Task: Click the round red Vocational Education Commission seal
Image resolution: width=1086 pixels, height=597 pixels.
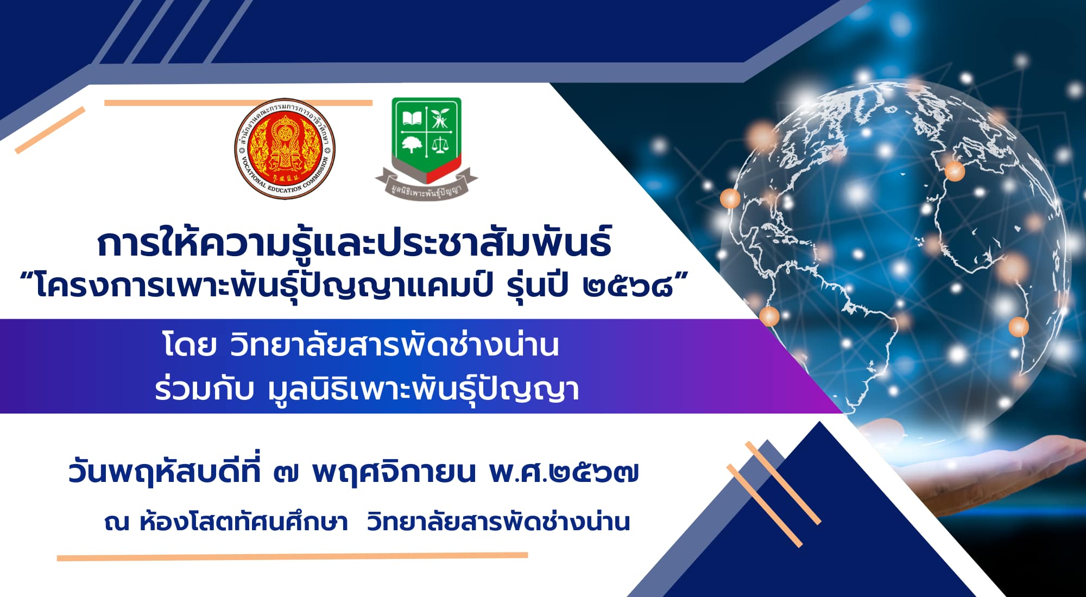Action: (285, 149)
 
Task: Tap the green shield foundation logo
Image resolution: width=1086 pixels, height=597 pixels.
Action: (427, 148)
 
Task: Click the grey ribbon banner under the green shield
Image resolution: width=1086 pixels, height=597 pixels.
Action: (427, 185)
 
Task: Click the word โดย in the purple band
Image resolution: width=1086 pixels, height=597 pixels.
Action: (190, 345)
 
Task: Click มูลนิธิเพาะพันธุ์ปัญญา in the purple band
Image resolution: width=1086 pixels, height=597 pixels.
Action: (424, 389)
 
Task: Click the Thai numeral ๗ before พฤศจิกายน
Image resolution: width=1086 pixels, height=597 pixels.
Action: (286, 473)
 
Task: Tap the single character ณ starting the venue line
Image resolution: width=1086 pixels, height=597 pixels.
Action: (117, 523)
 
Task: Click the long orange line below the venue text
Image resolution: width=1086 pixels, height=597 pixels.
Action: (292, 556)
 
